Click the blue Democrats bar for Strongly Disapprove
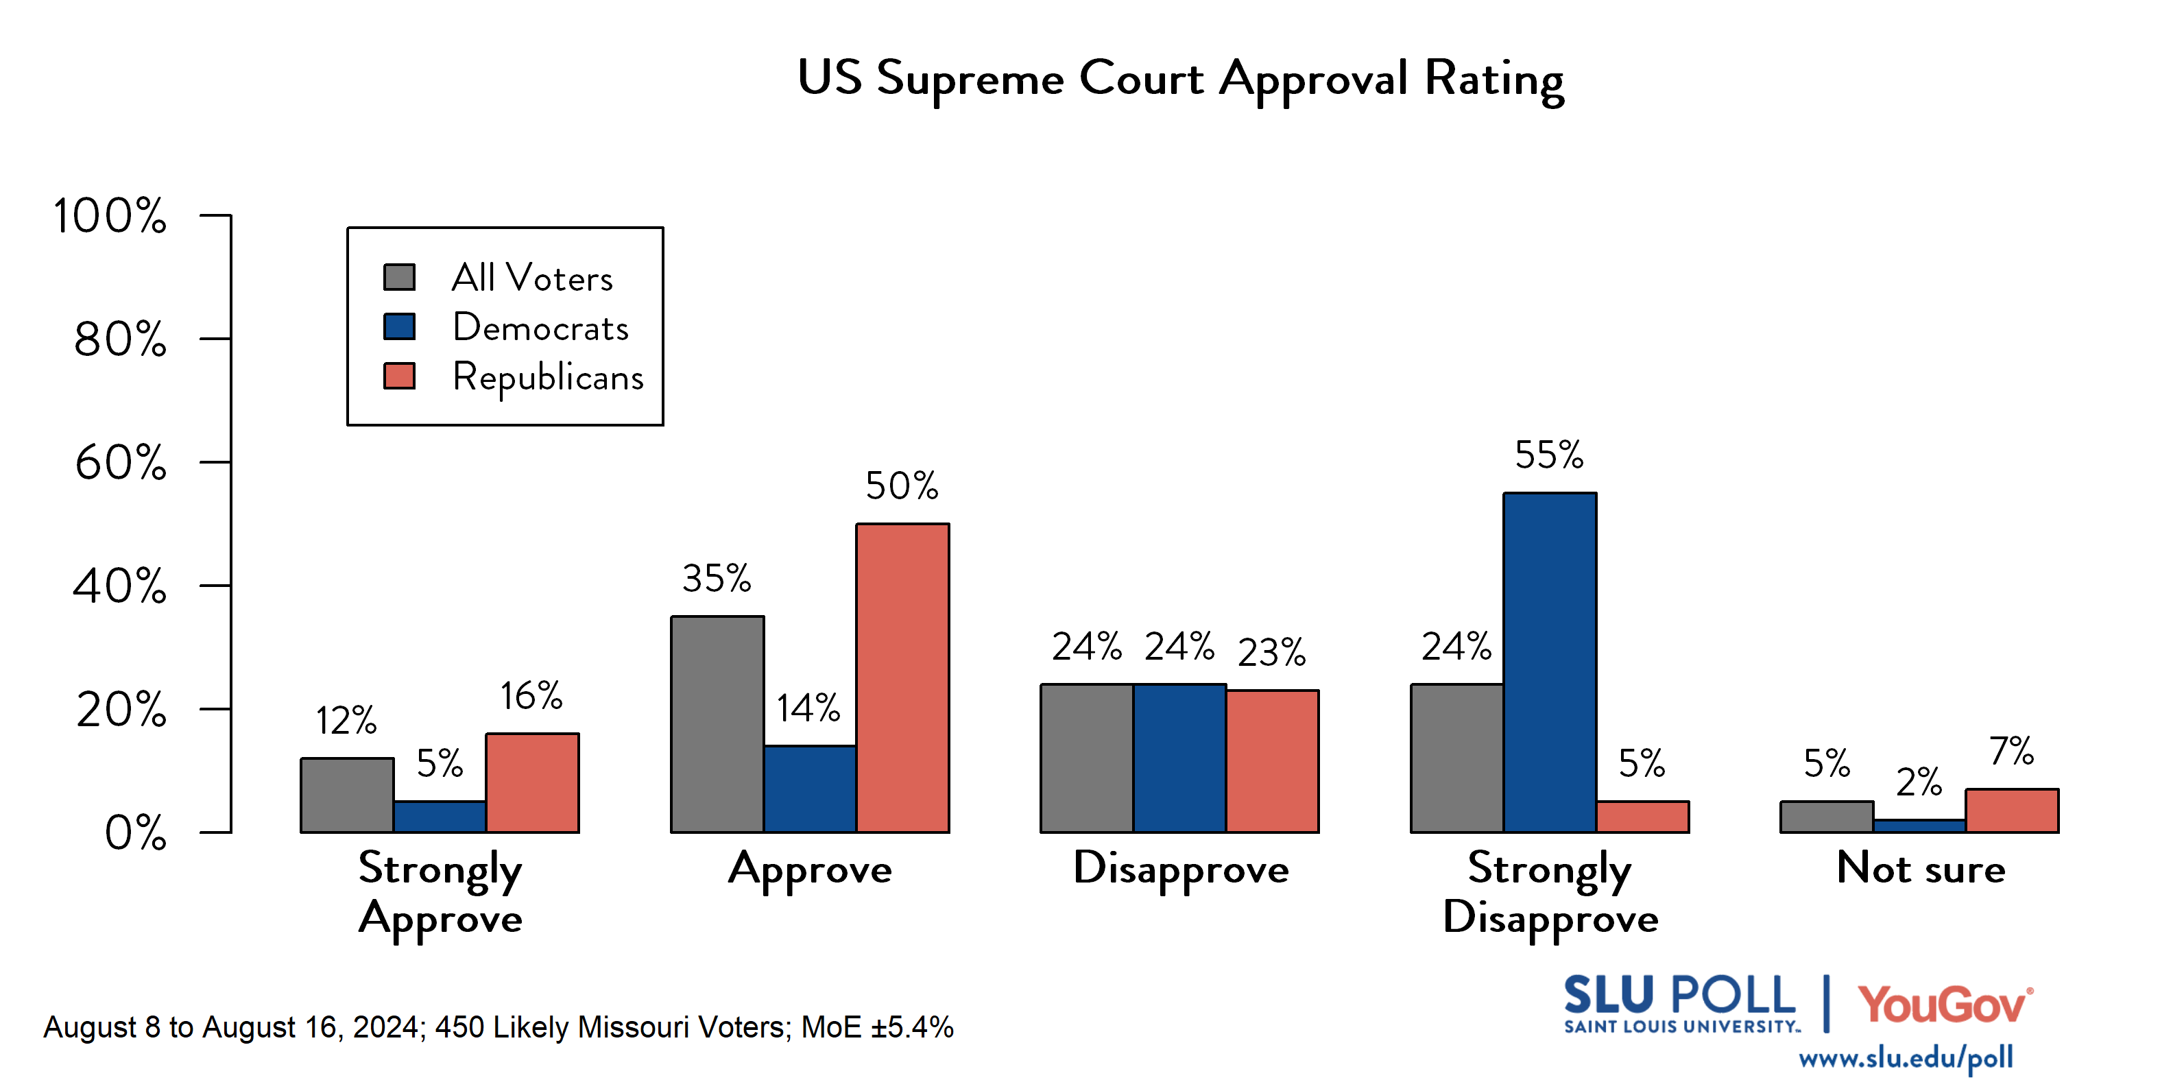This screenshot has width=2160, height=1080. pos(1549,662)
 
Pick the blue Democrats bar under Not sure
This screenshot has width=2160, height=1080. pos(1919,826)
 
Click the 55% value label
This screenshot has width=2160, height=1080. pos(1549,455)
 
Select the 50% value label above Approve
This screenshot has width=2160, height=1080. pos(902,485)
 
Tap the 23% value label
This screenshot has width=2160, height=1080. pos(1271,652)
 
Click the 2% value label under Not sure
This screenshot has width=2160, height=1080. pos(1919,782)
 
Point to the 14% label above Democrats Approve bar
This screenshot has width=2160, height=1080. pos(808,708)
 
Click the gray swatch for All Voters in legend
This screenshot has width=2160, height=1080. pos(399,278)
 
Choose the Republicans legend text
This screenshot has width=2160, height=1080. pos(548,376)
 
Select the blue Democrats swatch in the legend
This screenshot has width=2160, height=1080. pos(399,326)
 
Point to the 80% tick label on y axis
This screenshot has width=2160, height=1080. pos(120,339)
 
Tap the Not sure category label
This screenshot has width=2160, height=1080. pos(1920,868)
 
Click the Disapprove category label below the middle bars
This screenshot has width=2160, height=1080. pos(1181,869)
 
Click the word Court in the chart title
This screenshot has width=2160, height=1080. pos(1140,78)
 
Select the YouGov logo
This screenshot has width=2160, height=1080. pos(1945,1005)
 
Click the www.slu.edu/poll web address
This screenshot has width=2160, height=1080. pos(1905,1058)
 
